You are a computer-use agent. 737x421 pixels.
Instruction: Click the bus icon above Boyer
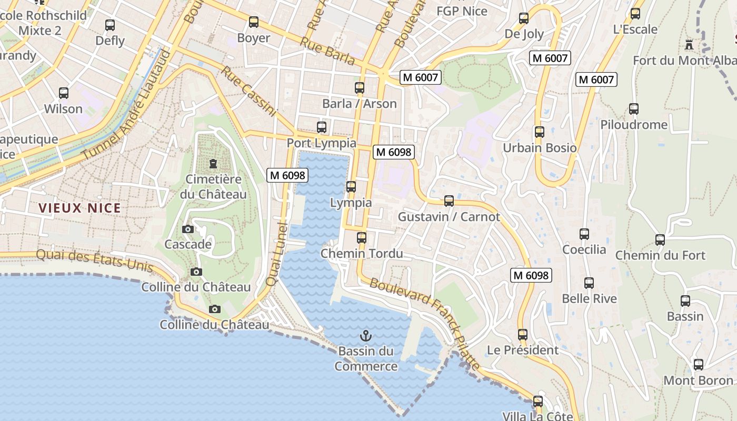254,22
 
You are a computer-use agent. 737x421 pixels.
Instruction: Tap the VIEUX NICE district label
80,208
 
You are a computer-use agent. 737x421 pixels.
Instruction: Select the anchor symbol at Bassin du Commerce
365,335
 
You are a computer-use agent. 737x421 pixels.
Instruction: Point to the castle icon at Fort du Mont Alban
689,44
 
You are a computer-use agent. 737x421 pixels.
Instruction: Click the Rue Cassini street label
249,91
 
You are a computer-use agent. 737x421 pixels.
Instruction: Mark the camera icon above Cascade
187,229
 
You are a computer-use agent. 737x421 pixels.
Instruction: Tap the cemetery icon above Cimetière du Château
213,164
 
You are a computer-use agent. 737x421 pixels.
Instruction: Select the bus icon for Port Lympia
321,127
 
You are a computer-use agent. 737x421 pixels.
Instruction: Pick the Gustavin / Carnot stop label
449,216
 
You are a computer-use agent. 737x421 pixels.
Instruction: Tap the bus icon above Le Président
522,335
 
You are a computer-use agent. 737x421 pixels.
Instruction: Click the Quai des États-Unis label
95,260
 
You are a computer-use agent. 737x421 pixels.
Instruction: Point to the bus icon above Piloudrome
634,109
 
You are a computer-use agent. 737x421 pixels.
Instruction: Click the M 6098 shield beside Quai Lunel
287,175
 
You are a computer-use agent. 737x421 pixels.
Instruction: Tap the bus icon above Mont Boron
698,364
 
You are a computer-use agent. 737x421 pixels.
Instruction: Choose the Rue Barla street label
328,52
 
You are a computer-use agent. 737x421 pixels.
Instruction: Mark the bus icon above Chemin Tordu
361,237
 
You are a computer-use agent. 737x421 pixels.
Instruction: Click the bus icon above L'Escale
635,14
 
